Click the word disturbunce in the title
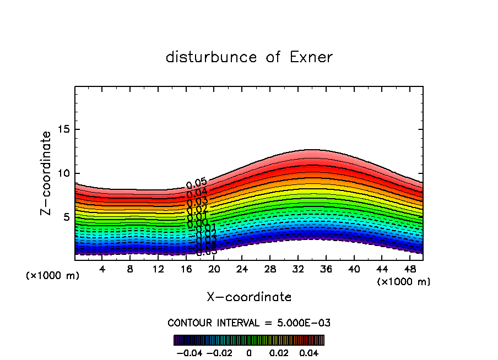(212, 57)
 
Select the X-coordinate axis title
(249, 297)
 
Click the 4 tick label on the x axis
(102, 269)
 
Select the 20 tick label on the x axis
(214, 269)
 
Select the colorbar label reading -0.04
(189, 352)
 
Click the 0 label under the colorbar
(249, 352)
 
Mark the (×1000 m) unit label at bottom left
(53, 276)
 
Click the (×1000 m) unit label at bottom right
(404, 282)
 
